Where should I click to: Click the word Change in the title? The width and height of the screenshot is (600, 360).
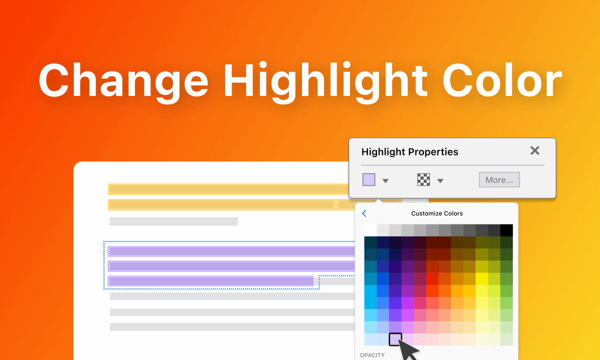(123, 80)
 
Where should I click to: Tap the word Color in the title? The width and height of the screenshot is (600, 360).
(502, 80)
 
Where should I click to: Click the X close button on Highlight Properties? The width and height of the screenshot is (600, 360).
(534, 151)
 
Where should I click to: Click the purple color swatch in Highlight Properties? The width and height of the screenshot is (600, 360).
(368, 180)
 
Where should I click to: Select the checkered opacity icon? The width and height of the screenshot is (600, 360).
(423, 180)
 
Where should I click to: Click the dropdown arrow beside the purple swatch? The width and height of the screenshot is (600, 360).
(385, 181)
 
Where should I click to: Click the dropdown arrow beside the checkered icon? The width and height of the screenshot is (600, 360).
(440, 181)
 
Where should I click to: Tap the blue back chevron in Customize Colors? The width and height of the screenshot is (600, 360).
(364, 213)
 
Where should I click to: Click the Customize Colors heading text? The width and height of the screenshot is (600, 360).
(437, 213)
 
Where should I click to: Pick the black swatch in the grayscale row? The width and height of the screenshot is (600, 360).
(506, 230)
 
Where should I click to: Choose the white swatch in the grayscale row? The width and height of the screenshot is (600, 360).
(370, 230)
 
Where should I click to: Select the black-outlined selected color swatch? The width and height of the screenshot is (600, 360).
(395, 339)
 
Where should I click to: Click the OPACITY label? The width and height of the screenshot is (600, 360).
(373, 355)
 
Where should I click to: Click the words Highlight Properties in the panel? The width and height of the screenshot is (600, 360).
(409, 152)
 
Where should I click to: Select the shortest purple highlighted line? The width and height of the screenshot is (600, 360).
(211, 281)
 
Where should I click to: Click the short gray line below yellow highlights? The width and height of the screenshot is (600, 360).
(173, 221)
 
